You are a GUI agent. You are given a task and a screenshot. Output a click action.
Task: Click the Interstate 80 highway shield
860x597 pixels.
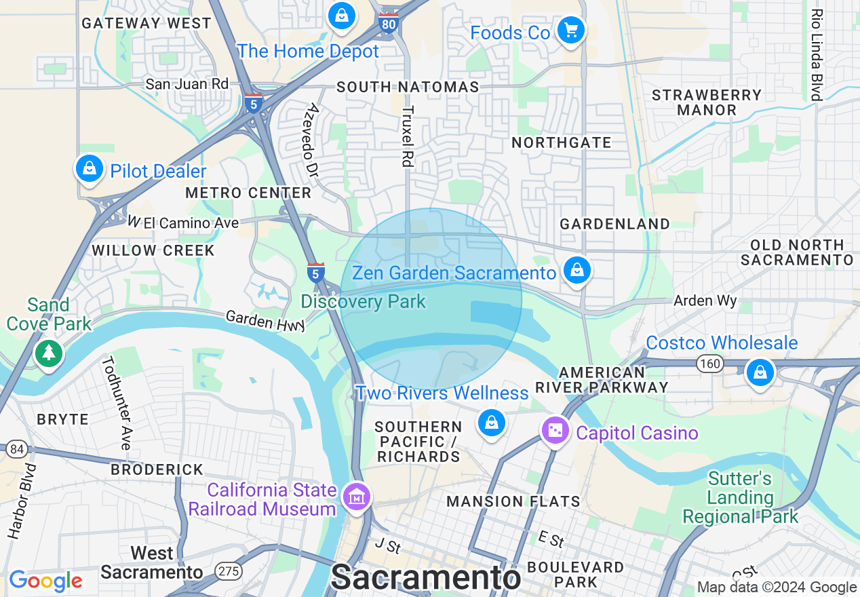click(389, 23)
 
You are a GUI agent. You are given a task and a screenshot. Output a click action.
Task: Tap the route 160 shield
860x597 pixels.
click(710, 364)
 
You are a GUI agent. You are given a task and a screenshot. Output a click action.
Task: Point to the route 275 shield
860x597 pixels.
click(229, 571)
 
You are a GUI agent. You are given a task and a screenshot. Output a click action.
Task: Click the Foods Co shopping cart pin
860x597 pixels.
click(570, 30)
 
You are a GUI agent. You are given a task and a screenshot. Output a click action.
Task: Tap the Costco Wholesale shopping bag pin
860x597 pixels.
click(760, 372)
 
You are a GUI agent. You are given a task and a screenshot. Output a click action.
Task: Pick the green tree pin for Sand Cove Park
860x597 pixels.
click(47, 352)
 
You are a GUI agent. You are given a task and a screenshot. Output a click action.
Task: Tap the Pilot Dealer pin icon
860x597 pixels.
click(90, 169)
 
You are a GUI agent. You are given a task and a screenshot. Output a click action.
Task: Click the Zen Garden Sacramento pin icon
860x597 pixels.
click(576, 271)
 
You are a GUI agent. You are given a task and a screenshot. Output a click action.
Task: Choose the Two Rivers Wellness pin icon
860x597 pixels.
click(491, 422)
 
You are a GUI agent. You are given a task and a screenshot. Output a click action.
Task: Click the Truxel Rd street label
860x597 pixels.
click(407, 136)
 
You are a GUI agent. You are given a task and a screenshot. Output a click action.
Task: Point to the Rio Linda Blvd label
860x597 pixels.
click(817, 54)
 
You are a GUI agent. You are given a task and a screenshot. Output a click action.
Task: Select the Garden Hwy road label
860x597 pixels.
click(265, 321)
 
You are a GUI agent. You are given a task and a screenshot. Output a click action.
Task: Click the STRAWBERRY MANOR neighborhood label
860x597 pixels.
click(707, 102)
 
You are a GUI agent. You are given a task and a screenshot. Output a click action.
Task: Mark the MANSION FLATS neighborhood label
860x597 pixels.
click(513, 501)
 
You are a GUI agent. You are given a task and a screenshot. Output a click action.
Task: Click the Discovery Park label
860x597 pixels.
click(364, 301)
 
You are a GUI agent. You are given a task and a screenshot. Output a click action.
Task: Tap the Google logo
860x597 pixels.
click(45, 581)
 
